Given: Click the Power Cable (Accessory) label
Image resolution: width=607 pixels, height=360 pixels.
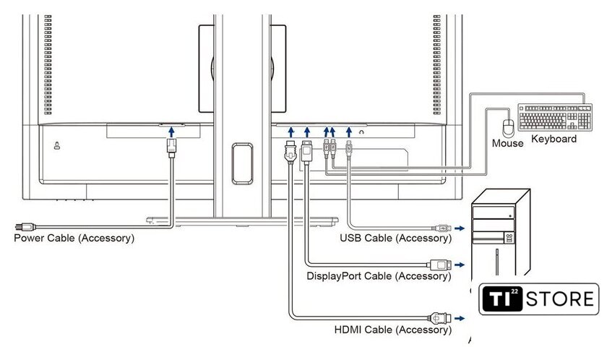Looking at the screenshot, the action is [x=74, y=238].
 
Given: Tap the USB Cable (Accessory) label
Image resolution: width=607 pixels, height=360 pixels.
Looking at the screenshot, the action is [x=396, y=238].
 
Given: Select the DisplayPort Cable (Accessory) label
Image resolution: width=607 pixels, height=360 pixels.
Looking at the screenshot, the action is [x=379, y=276].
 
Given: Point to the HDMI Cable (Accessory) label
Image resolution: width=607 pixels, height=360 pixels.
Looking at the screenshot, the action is [x=393, y=330].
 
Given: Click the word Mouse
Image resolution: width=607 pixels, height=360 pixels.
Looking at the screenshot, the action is [x=507, y=143].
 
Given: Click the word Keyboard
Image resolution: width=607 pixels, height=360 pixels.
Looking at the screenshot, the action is [x=554, y=139].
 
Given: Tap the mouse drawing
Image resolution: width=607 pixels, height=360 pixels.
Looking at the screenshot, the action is [x=508, y=128].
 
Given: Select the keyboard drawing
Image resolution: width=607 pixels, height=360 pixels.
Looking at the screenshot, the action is [x=555, y=117].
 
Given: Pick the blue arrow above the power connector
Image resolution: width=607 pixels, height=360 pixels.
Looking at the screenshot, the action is [x=171, y=132].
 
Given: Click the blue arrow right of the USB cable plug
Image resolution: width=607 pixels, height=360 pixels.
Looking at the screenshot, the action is [x=460, y=228].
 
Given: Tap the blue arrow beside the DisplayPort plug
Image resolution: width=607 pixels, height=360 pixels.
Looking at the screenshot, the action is [x=460, y=265].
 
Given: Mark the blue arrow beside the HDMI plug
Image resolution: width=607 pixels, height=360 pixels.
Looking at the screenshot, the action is [x=460, y=319].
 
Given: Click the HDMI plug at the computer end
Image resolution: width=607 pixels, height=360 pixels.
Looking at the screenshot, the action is [x=440, y=318].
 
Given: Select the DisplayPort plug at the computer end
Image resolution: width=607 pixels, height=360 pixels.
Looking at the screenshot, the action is [x=439, y=265].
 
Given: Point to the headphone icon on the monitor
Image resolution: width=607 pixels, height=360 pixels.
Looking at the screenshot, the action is [x=361, y=132].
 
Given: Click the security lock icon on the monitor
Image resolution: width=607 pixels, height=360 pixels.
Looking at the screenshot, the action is [x=57, y=145].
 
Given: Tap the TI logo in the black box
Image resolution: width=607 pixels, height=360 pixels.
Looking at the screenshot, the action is [x=501, y=299].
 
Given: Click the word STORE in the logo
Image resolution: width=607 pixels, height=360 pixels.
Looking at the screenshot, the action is [x=560, y=299].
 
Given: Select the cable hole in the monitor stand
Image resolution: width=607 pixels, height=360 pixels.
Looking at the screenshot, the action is [x=242, y=164].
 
